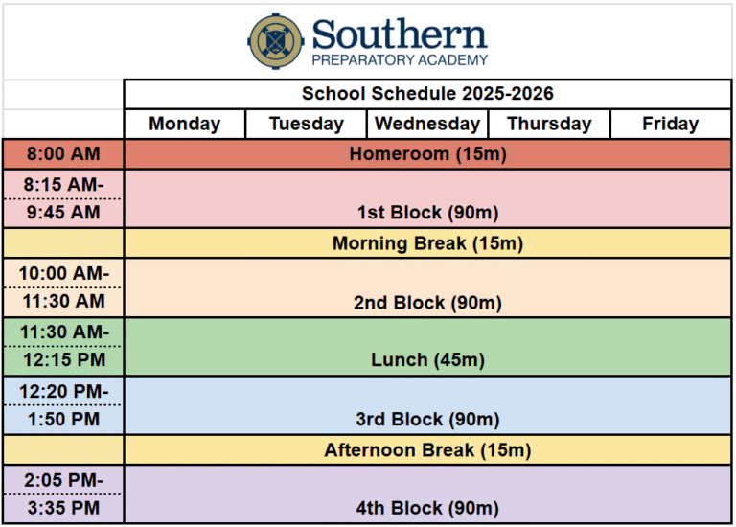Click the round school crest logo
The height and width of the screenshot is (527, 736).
coord(276,41)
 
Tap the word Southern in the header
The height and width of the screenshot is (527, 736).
coord(400,34)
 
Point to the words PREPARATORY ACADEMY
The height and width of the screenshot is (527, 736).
coord(400,60)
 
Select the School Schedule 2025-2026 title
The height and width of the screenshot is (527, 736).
coord(427,93)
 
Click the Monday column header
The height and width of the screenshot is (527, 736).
coord(184,124)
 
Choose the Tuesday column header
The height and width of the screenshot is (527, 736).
coord(307,124)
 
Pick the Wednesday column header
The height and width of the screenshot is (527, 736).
coord(427,124)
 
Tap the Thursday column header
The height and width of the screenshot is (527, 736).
coord(549,124)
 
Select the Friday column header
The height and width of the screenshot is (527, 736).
coord(670,124)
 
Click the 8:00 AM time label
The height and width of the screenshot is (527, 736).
coord(63,153)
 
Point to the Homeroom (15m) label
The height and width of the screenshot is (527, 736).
coord(427,154)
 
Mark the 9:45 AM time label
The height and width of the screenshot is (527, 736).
coord(63,212)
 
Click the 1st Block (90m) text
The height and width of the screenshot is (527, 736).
coord(427,213)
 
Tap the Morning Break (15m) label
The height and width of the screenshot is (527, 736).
coord(427,243)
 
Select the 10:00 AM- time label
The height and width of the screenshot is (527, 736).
coord(64,273)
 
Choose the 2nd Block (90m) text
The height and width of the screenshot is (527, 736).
coord(427,303)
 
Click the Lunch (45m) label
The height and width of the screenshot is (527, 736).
coord(427,360)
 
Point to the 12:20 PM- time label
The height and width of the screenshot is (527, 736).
coord(64,391)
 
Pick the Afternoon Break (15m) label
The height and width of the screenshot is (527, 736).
coord(427,450)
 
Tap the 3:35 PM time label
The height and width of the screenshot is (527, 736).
coord(63,508)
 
